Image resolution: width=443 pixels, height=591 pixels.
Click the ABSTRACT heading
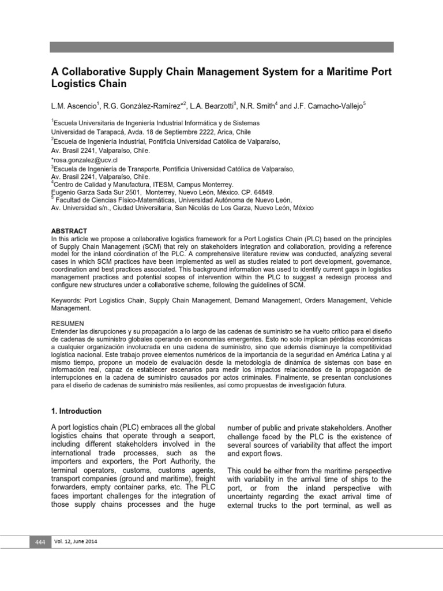pyautogui.click(x=69, y=230)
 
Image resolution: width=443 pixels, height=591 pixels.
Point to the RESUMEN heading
pyautogui.click(x=67, y=323)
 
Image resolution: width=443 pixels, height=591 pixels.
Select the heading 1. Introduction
pyautogui.click(x=77, y=412)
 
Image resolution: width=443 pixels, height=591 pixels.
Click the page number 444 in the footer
pyautogui.click(x=40, y=543)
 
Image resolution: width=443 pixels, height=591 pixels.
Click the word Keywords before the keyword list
pyautogui.click(x=66, y=301)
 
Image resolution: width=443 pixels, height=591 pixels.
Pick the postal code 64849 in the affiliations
pyautogui.click(x=261, y=192)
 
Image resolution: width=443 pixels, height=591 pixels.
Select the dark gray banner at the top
pyautogui.click(x=221, y=47)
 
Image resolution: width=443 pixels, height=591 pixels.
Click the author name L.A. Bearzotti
pyautogui.click(x=209, y=105)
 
